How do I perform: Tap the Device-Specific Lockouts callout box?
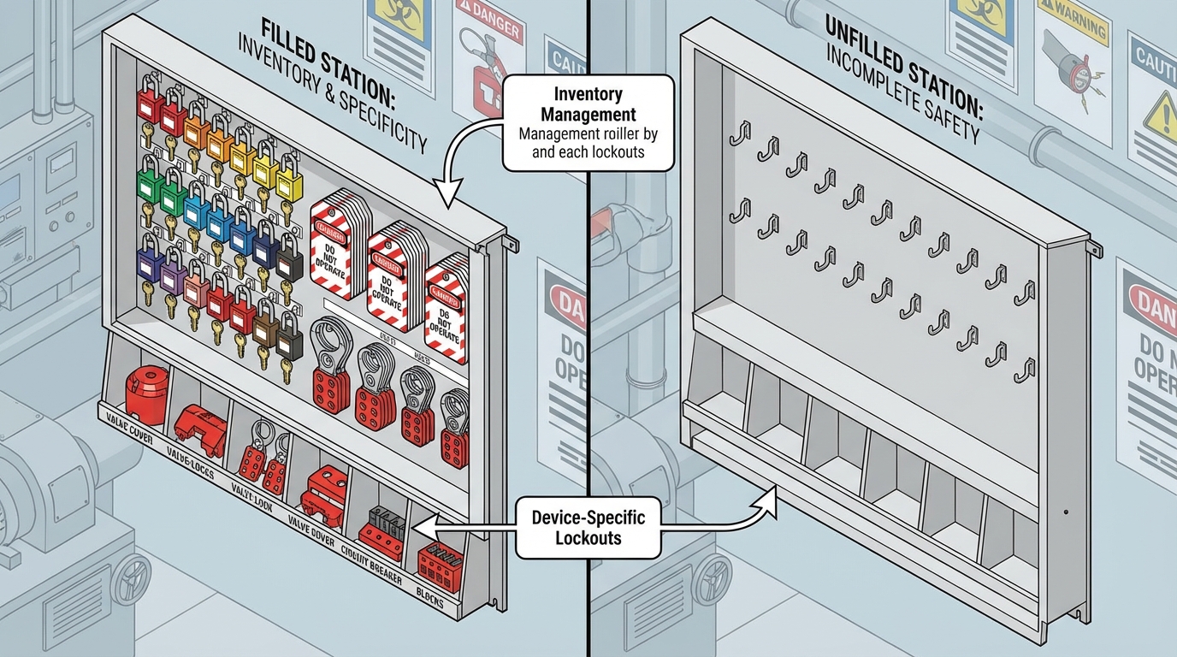coord(588,527)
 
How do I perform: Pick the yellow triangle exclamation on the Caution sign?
coord(1160,111)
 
